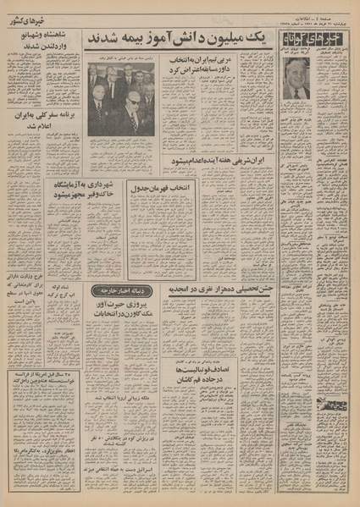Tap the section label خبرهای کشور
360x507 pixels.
39,12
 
